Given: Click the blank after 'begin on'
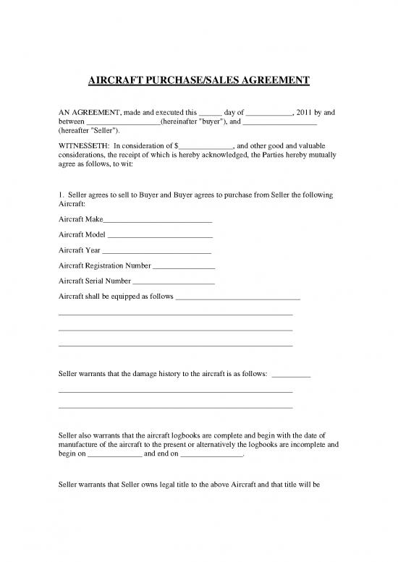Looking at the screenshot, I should point(115,457).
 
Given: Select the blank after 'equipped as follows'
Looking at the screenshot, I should point(238,297).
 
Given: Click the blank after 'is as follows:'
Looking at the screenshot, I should point(291,375).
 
